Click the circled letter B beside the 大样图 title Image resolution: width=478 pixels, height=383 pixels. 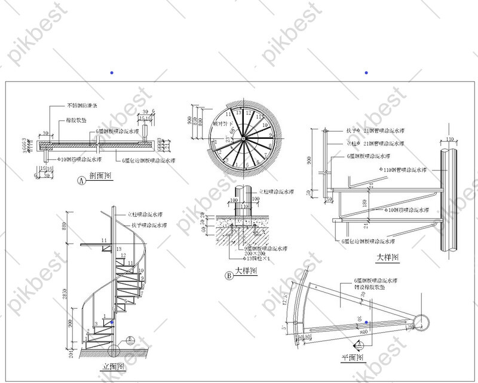228,276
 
